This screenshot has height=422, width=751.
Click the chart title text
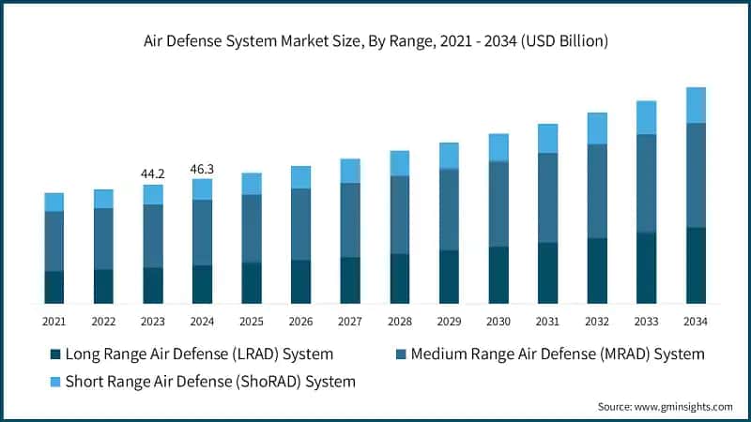click(375, 41)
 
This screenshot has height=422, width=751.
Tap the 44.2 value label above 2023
click(152, 173)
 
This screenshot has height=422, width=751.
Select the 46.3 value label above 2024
click(202, 169)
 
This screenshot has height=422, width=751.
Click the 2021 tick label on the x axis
click(54, 321)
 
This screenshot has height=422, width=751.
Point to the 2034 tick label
click(696, 321)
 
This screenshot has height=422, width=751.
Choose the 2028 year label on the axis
click(399, 321)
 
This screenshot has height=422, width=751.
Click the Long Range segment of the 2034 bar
click(696, 265)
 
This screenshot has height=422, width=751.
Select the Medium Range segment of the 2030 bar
click(498, 204)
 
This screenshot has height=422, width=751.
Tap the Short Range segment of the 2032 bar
click(597, 128)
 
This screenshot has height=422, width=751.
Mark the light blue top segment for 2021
click(54, 203)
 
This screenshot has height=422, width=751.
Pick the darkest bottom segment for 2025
click(251, 283)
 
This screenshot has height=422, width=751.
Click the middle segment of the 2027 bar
click(350, 220)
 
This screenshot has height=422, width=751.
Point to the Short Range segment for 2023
click(152, 194)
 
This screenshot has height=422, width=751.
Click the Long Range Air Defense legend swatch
click(54, 354)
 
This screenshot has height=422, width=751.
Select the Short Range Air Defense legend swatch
click(54, 382)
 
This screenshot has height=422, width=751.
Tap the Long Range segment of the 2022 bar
click(103, 286)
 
